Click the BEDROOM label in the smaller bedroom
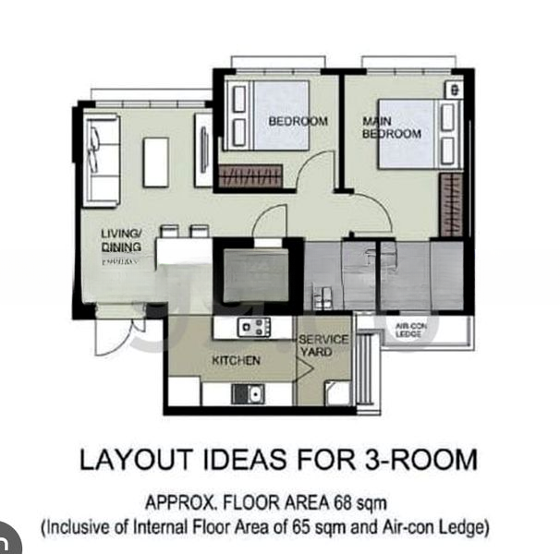pyautogui.click(x=298, y=121)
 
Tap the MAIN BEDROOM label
pyautogui.click(x=391, y=127)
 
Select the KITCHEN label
pyautogui.click(x=237, y=360)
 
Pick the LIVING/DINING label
pyautogui.click(x=121, y=241)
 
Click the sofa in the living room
pyautogui.click(x=102, y=159)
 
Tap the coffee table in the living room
pyautogui.click(x=155, y=162)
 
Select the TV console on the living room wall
pyautogui.click(x=203, y=151)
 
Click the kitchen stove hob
pyautogui.click(x=253, y=327)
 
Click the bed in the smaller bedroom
pyautogui.click(x=269, y=114)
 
